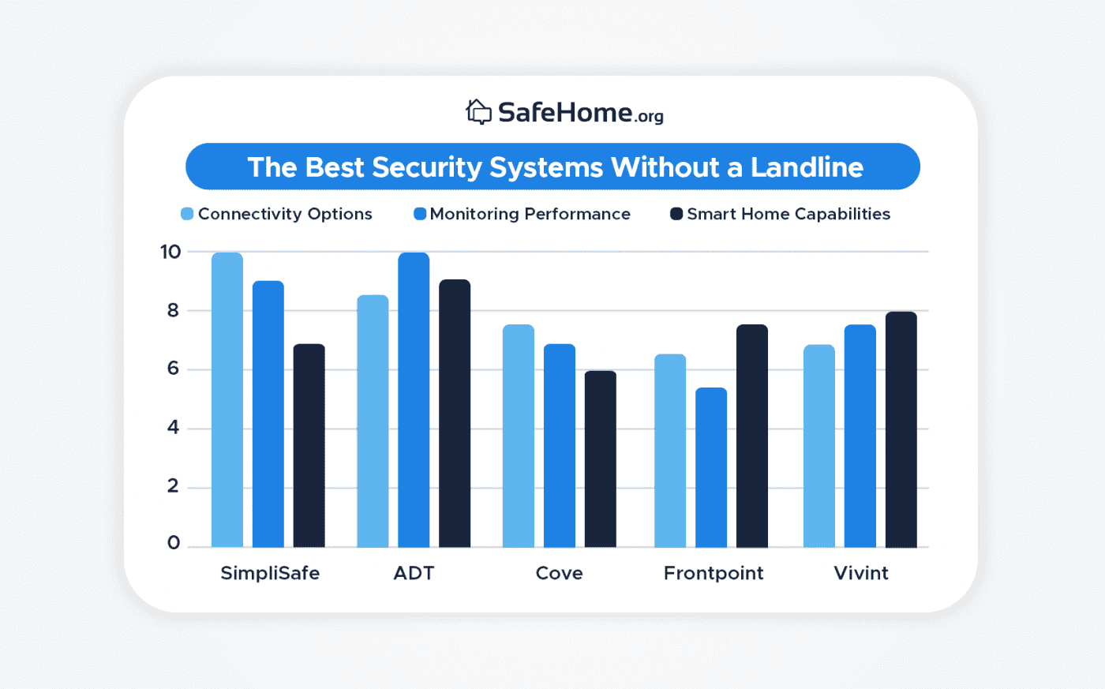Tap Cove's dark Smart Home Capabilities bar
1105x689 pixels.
601,459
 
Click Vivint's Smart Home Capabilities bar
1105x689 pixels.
901,429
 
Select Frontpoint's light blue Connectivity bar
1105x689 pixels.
670,451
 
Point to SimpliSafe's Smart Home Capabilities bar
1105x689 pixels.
309,445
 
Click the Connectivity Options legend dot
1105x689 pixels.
187,214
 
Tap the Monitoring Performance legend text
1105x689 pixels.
530,214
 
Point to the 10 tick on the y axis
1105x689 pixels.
170,252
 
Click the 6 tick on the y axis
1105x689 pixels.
173,369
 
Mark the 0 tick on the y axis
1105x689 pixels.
173,543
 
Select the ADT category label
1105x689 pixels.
414,573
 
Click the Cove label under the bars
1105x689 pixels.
559,573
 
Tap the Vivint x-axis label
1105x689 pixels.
860,573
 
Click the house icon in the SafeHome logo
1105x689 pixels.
478,112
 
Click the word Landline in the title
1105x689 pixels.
806,167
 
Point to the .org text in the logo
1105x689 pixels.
649,117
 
